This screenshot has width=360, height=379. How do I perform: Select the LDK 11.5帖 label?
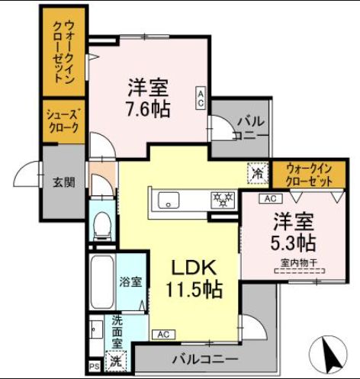tap(194, 278)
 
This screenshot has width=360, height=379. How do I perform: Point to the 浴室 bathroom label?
tap(130, 282)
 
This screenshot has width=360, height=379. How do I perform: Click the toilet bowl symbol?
tap(101, 224)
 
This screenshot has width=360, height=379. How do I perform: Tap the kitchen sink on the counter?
tap(169, 201)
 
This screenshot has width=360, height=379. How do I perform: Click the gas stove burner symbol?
tap(224, 200)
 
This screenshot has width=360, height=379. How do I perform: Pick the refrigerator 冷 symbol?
tap(256, 173)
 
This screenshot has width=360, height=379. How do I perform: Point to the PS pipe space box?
tap(94, 367)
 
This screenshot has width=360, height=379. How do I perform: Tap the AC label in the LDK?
tap(162, 334)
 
